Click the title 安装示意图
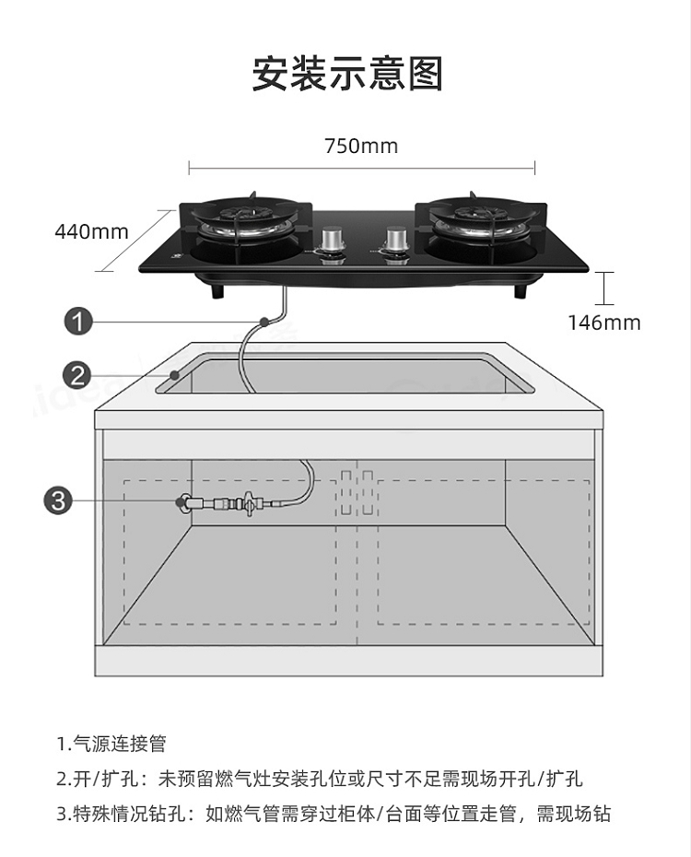pos(347,73)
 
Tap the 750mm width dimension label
pos(361,147)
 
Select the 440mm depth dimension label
pos(92,231)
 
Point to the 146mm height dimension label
pos(604,323)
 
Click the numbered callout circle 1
pos(78,321)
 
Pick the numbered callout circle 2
pos(77,375)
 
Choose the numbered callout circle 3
pos(58,500)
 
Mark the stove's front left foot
pos(218,290)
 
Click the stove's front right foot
pos(521,290)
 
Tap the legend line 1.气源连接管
pos(111,744)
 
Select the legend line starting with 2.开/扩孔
pos(320,779)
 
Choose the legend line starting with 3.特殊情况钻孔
pos(334,814)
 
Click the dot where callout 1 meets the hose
pos(264,321)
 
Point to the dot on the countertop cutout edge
pos(175,375)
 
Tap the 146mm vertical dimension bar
pos(604,288)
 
